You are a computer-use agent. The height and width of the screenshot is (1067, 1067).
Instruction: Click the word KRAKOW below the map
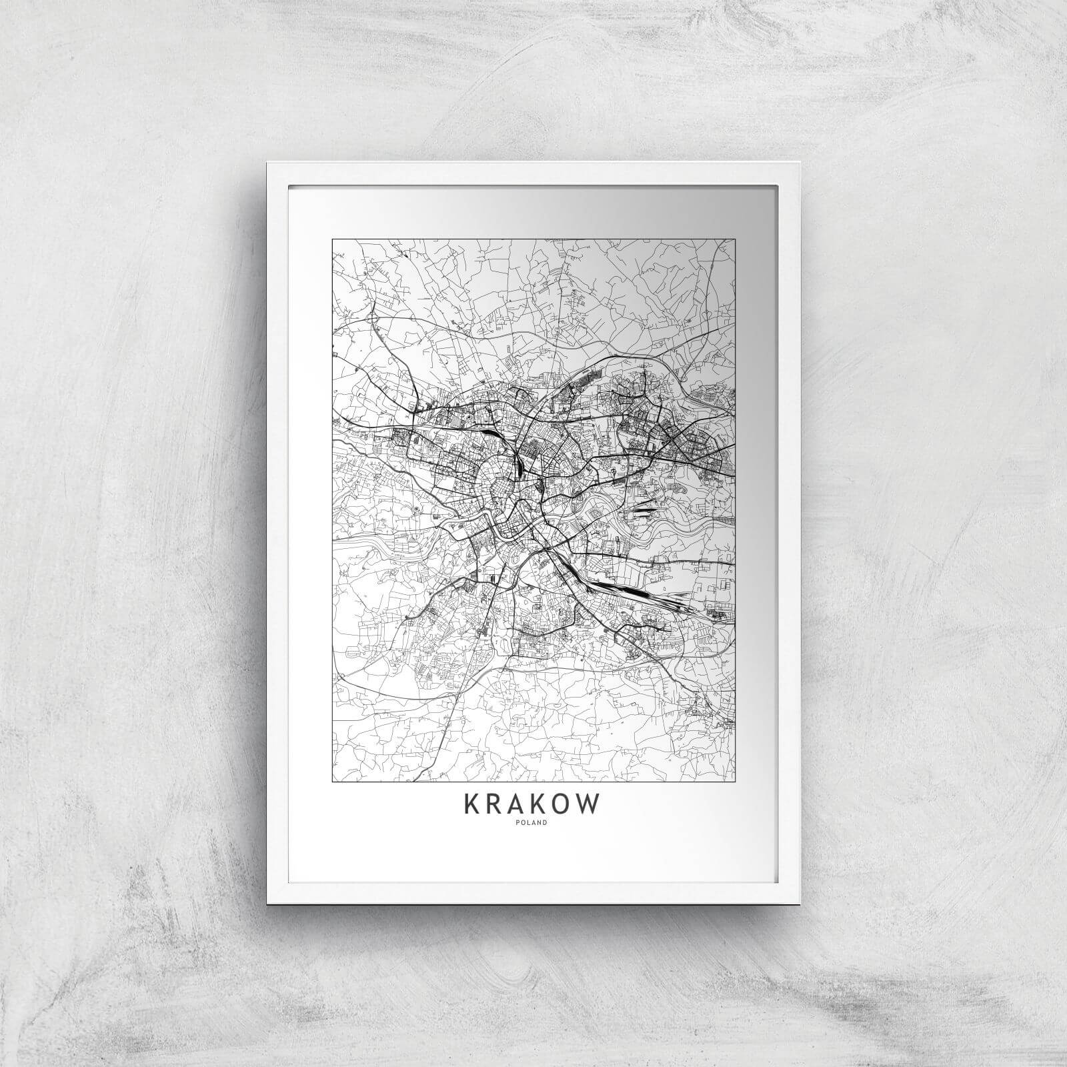pos(532,804)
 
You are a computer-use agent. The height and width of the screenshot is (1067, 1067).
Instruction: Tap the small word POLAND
pos(533,822)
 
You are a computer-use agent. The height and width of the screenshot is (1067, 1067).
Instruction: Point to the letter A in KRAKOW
pos(515,804)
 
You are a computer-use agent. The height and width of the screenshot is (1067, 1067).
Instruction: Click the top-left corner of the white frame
pos(267,163)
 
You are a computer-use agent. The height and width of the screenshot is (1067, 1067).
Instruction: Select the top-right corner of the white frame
pos(799,163)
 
